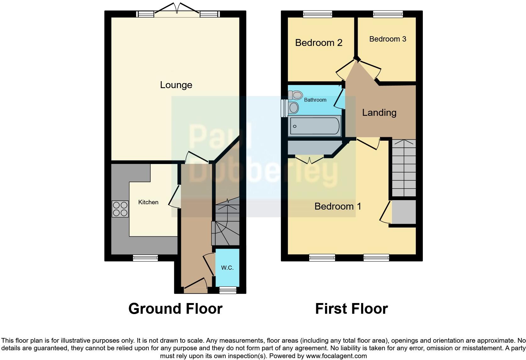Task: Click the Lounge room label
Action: (x=176, y=85)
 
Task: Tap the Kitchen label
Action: (x=148, y=202)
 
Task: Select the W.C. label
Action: (x=227, y=268)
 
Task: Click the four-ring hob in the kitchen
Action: (x=120, y=209)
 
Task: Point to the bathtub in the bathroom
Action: (x=314, y=126)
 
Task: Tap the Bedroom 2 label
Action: (x=318, y=43)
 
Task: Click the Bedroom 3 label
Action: (x=388, y=39)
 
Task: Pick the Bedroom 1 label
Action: (x=338, y=206)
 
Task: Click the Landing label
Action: (x=379, y=113)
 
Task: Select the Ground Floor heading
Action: (x=175, y=309)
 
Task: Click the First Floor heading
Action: (x=351, y=309)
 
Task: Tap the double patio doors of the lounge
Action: (x=177, y=9)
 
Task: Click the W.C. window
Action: (x=227, y=290)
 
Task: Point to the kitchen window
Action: (x=145, y=258)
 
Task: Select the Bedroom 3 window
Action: (x=388, y=14)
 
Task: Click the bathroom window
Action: (x=284, y=108)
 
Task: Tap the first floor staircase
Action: (x=404, y=168)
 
